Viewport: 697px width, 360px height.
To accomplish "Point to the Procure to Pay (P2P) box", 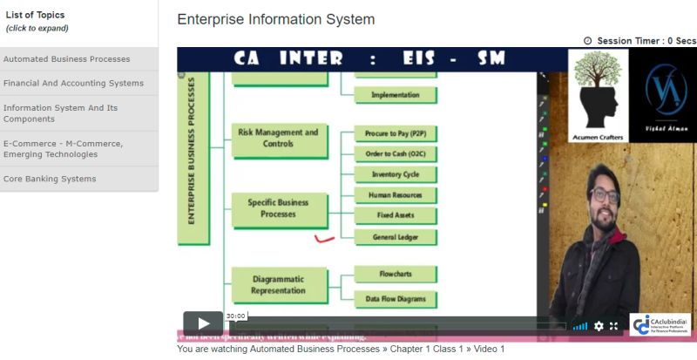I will [x=395, y=133].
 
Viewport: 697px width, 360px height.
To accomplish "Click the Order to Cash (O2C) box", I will [x=395, y=153].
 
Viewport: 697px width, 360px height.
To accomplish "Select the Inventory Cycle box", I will [x=395, y=174].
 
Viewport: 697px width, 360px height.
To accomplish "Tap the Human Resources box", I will [x=395, y=195].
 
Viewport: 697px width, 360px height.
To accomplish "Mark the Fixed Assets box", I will [x=395, y=215].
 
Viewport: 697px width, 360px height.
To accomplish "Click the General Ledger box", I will [x=395, y=236].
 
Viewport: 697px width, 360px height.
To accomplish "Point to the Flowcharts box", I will [x=395, y=274].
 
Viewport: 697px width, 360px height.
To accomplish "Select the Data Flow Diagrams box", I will [x=395, y=299].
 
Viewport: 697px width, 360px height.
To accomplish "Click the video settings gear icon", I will [x=599, y=326].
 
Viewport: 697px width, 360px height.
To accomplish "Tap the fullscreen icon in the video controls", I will [x=614, y=326].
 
